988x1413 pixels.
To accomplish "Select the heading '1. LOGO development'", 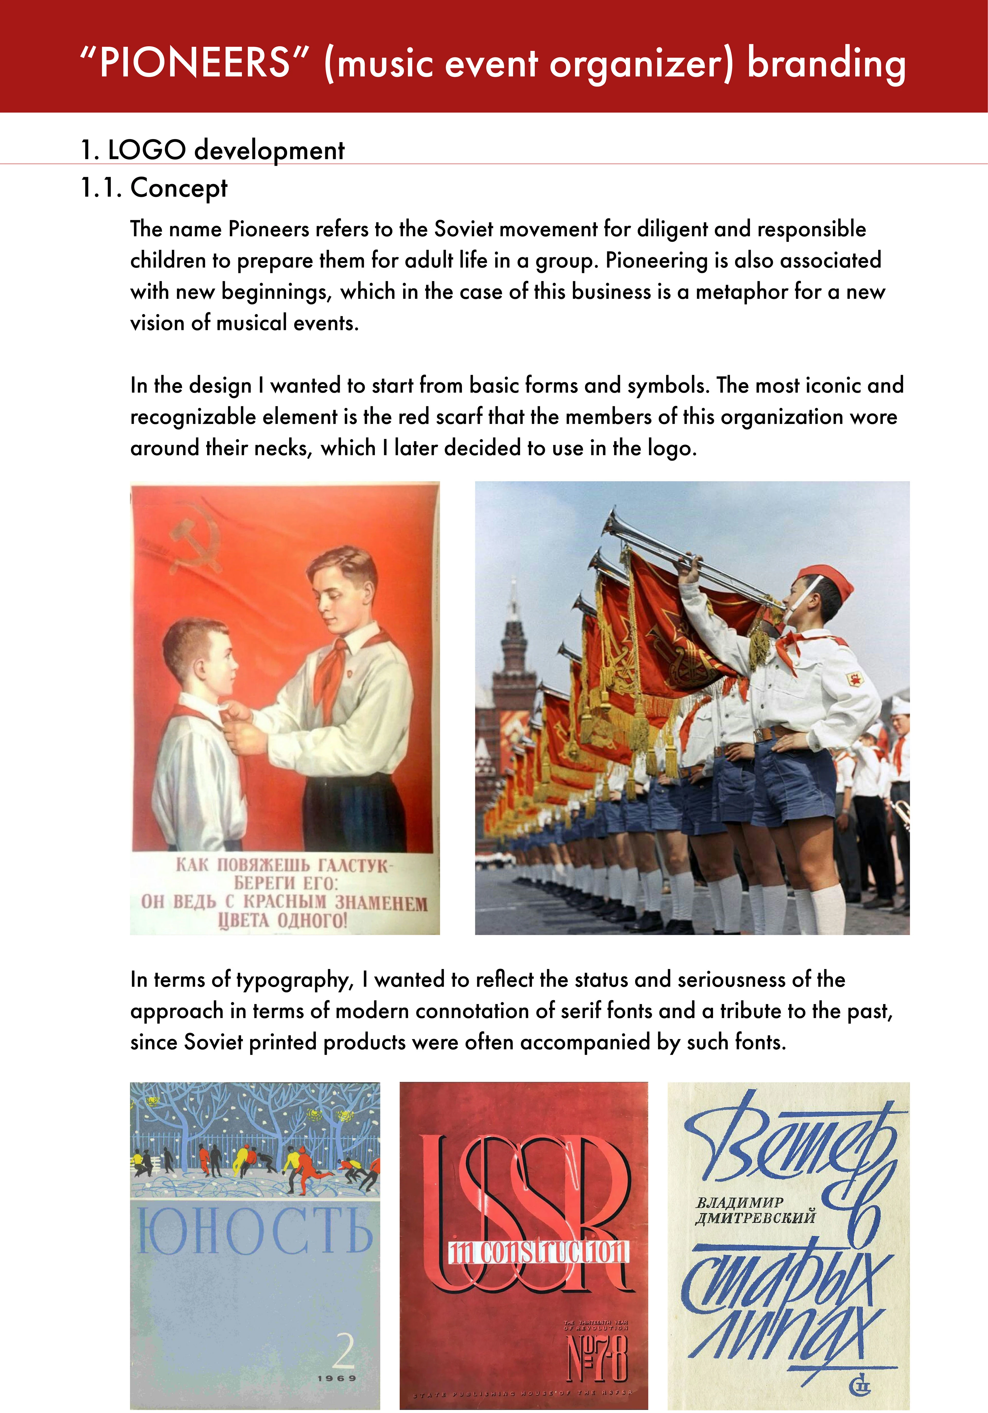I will (212, 150).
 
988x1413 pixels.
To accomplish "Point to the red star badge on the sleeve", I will (856, 679).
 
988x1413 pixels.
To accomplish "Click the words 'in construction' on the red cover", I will (539, 1251).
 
